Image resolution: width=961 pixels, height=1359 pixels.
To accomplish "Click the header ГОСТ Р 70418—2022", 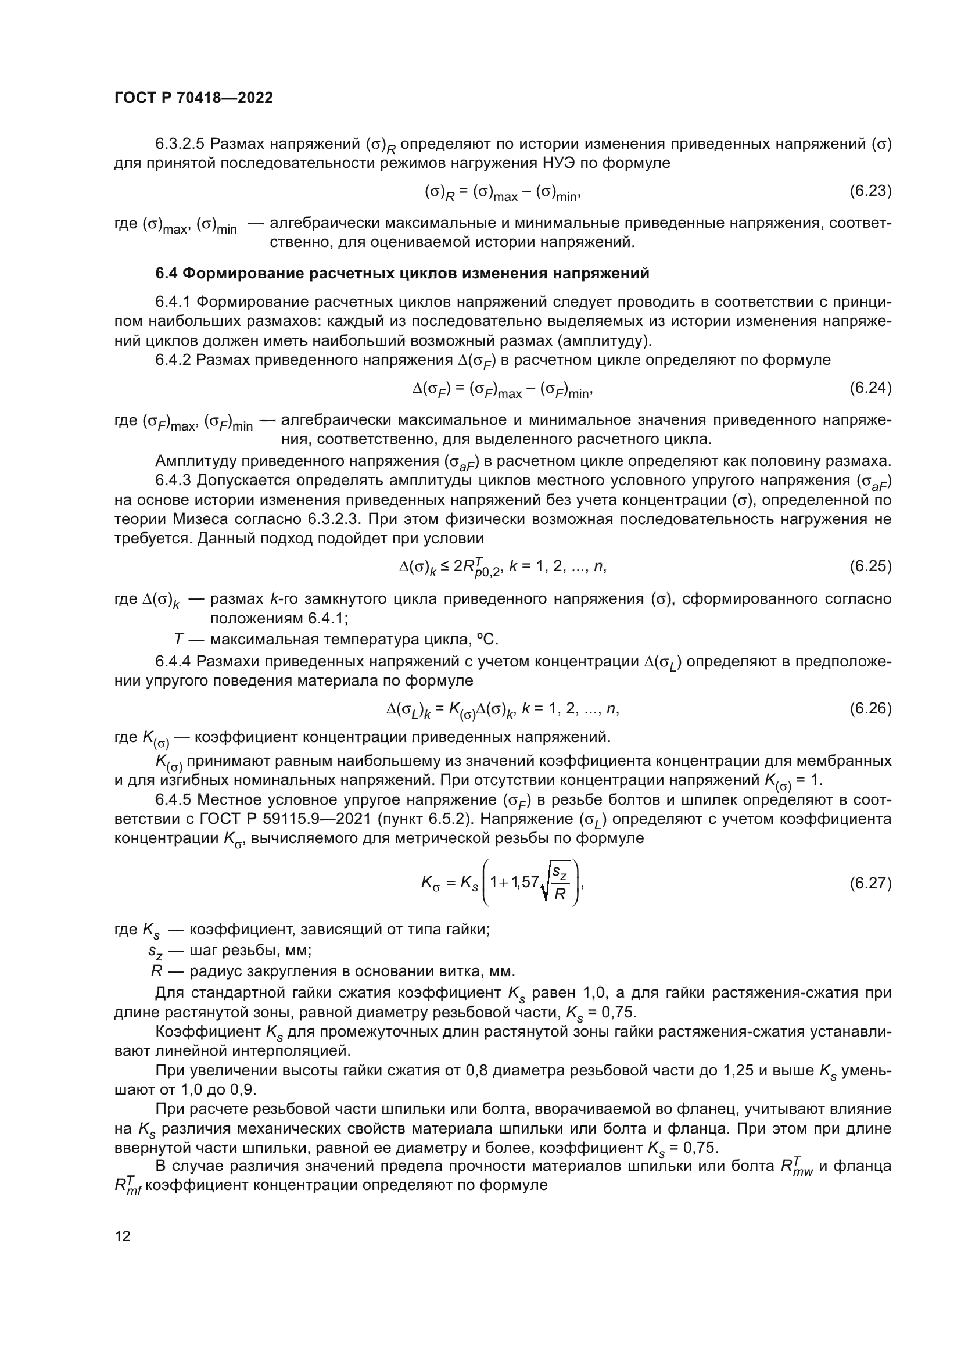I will tap(193, 98).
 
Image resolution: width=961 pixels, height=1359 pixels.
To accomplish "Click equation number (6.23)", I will tap(870, 191).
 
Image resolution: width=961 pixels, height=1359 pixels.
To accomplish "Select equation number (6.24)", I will tap(870, 388).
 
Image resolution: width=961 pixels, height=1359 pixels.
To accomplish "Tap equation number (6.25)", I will tap(870, 566).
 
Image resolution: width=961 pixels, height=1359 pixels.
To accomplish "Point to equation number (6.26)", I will tap(870, 708).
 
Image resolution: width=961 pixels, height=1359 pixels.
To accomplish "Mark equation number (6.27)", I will tap(870, 883).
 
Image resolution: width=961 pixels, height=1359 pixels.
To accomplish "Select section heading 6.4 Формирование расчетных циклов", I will tap(403, 274).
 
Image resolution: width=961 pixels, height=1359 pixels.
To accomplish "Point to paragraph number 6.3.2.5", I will tap(180, 144).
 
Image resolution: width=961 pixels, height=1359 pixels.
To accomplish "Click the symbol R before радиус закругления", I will tap(157, 971).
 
